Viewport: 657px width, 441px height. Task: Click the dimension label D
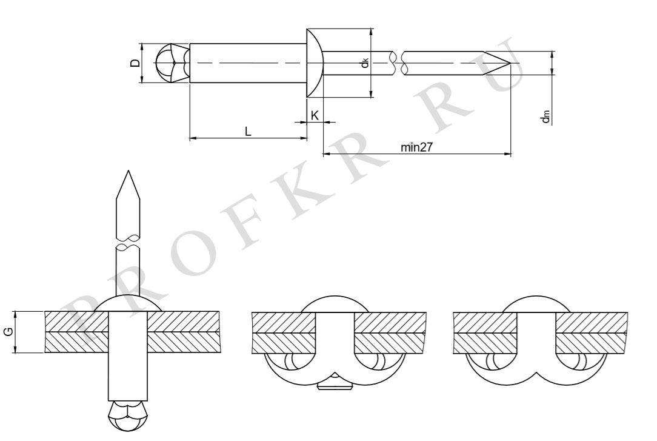(135, 63)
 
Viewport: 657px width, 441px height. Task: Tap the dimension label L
(248, 132)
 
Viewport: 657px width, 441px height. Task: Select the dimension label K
(315, 115)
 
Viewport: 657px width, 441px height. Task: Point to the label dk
(365, 63)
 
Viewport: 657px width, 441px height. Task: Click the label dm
(545, 116)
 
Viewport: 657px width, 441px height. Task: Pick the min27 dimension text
(416, 147)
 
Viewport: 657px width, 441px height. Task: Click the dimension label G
(8, 332)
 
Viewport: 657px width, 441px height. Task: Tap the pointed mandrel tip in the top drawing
(510, 63)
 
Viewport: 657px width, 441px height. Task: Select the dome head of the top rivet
(314, 63)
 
